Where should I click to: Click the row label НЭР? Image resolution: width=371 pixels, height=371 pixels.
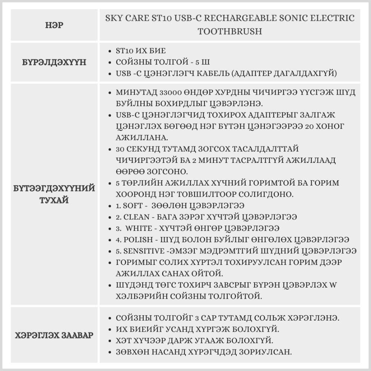[x=55, y=25]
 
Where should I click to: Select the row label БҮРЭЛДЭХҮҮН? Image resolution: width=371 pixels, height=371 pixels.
[x=55, y=62]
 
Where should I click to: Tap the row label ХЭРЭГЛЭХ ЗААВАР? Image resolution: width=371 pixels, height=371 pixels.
[x=55, y=335]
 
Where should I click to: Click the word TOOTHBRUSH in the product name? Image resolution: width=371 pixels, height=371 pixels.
[x=230, y=31]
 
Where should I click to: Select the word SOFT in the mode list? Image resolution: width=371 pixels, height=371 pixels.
[x=132, y=205]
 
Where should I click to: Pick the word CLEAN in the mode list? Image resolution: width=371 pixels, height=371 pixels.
[x=135, y=217]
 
